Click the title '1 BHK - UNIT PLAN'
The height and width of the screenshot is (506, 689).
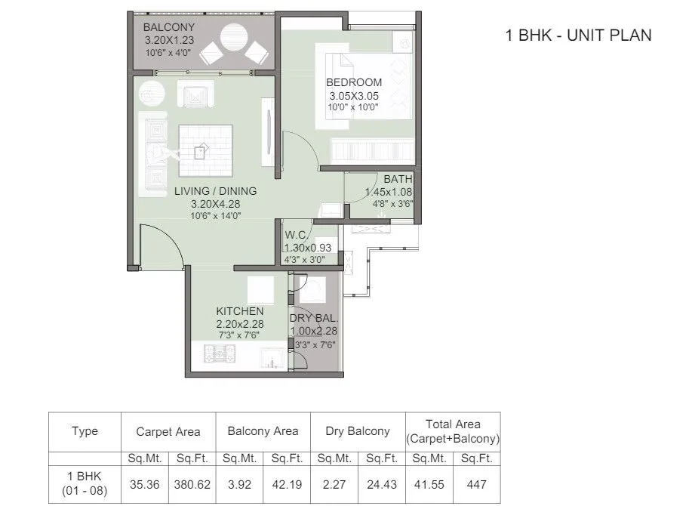[577, 35]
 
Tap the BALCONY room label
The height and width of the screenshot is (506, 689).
[169, 28]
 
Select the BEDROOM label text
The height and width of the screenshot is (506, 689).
[354, 82]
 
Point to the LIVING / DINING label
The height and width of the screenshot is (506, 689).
[215, 191]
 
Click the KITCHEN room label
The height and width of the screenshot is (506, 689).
[239, 311]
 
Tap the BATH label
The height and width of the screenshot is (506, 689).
[398, 179]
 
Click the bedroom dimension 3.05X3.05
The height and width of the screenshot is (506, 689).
[354, 96]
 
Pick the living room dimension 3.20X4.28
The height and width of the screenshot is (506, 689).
[215, 204]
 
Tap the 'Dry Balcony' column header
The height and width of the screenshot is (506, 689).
[358, 431]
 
